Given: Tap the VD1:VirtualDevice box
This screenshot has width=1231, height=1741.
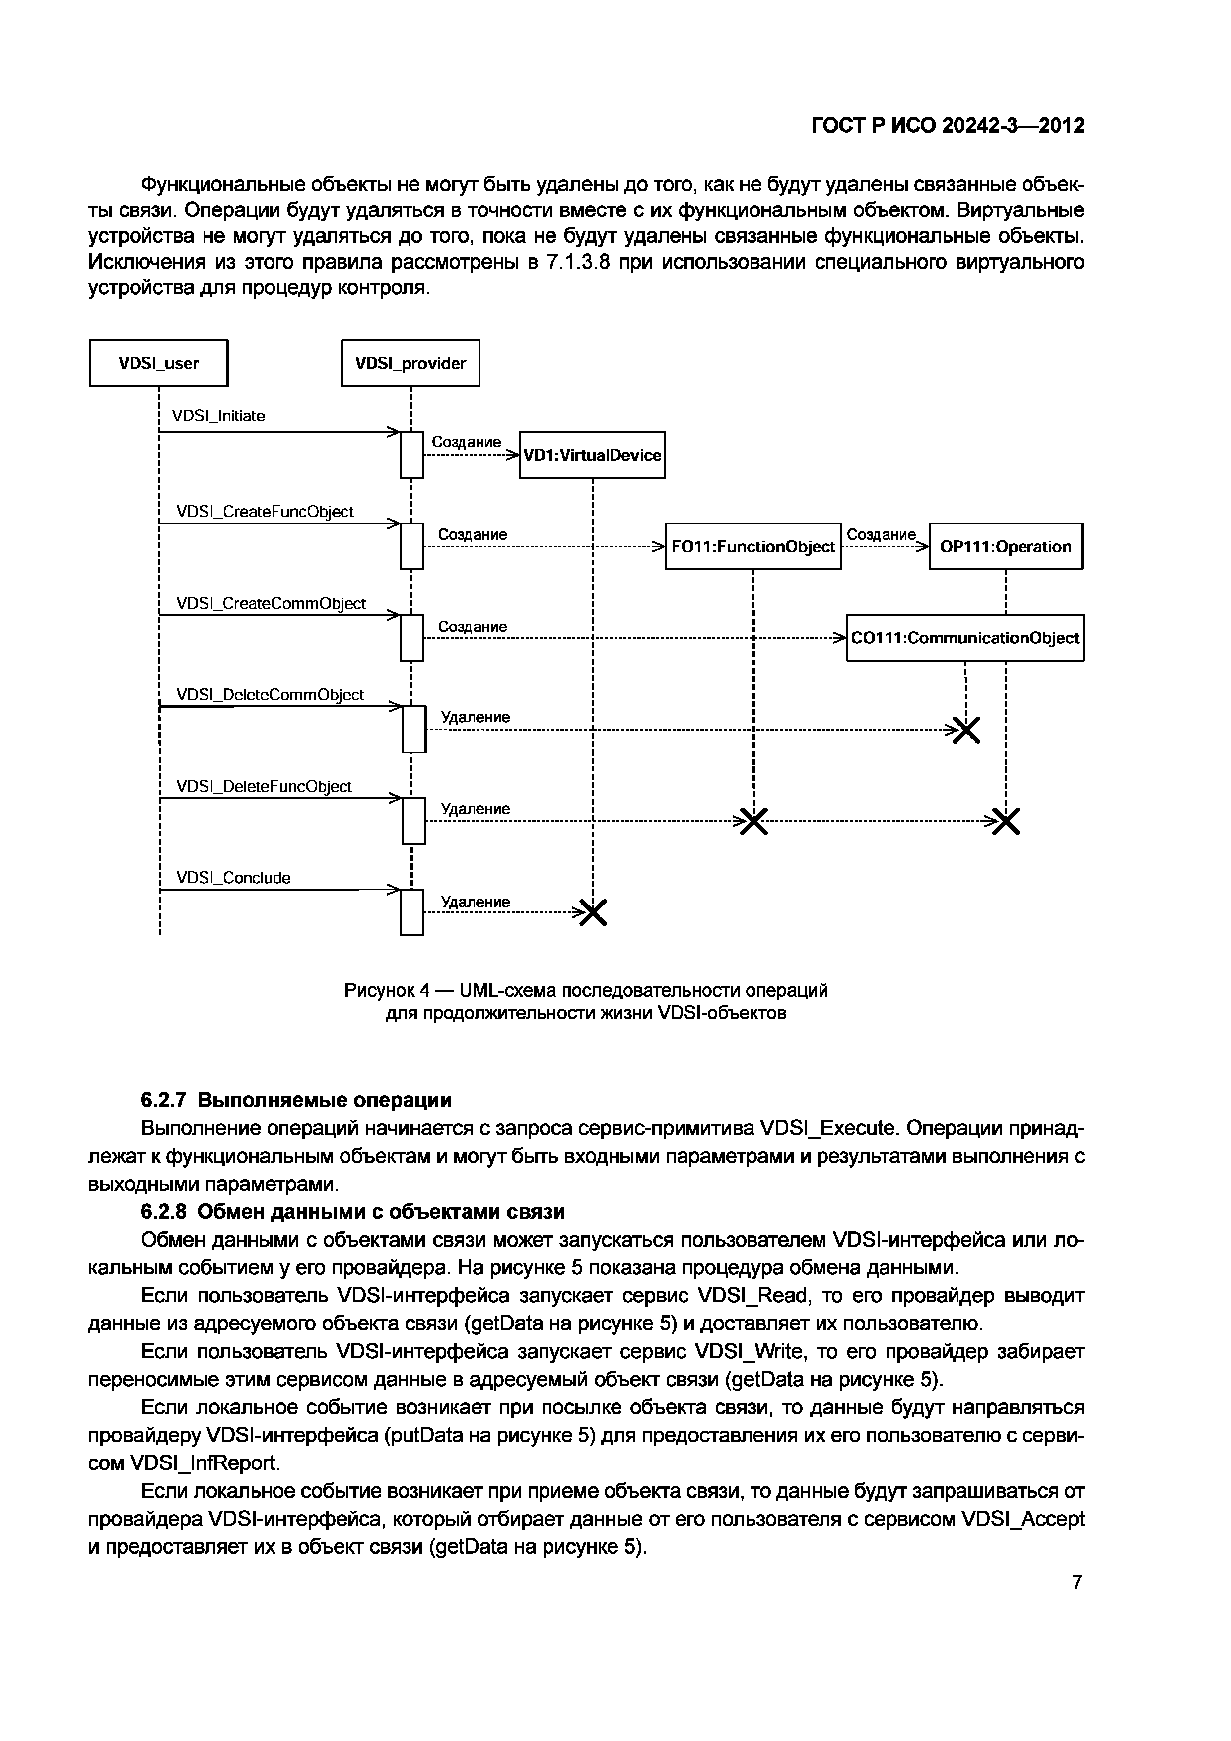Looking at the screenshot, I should point(592,455).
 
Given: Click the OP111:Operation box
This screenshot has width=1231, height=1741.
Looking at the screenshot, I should point(1005,546).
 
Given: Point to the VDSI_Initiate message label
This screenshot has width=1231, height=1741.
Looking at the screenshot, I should point(218,416).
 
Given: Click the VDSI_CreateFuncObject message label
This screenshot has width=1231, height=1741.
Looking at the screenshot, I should point(265,512).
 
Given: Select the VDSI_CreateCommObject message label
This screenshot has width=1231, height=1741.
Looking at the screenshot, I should point(271,604).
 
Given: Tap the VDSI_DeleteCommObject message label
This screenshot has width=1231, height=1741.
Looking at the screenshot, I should point(270,695).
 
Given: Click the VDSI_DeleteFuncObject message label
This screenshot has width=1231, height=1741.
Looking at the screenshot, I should point(264,786).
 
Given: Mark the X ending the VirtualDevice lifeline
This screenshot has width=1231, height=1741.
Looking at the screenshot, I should point(594,913).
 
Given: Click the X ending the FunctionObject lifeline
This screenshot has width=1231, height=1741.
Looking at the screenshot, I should point(753,821).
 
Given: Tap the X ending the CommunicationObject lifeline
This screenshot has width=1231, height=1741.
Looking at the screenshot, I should point(966,730).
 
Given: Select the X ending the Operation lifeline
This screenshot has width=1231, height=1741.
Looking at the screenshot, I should point(1006,821).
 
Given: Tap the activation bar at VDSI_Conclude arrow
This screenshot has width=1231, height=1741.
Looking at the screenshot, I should point(411,912).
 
